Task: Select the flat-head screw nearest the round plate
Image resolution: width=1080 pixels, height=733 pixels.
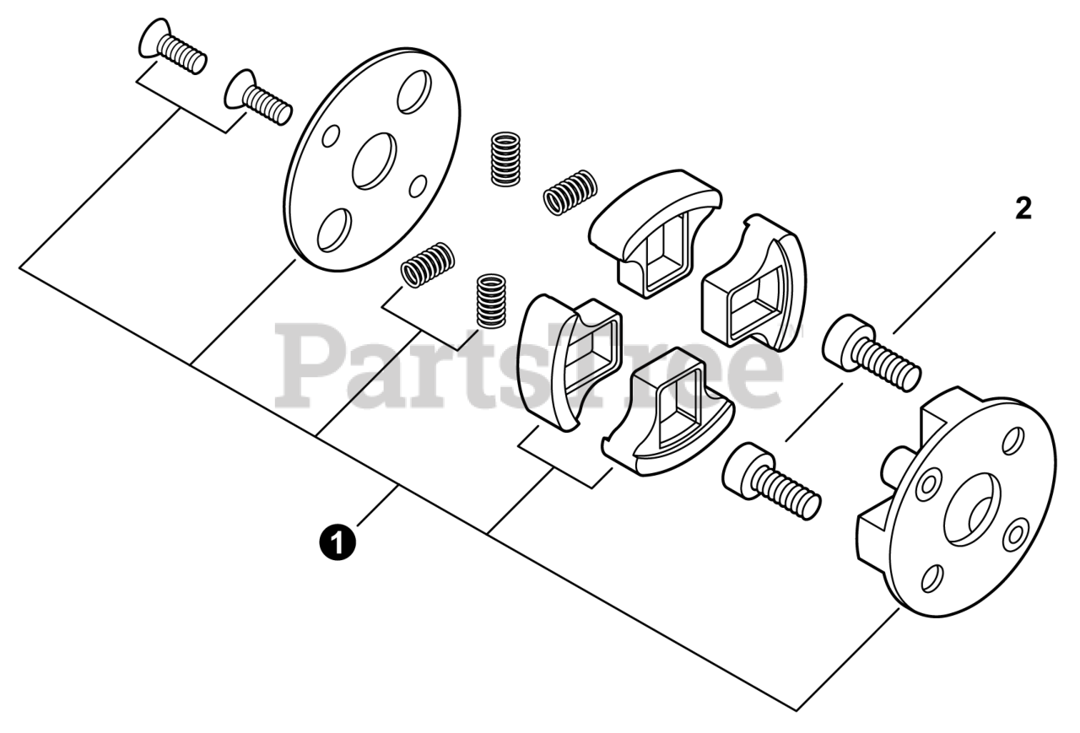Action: tap(258, 100)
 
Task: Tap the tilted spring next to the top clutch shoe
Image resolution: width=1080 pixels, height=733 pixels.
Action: tap(570, 191)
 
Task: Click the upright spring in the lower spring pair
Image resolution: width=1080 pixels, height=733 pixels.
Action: tap(490, 299)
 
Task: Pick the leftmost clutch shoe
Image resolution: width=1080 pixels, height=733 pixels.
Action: tap(568, 355)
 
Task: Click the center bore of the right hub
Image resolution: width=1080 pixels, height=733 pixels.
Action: tap(971, 509)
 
